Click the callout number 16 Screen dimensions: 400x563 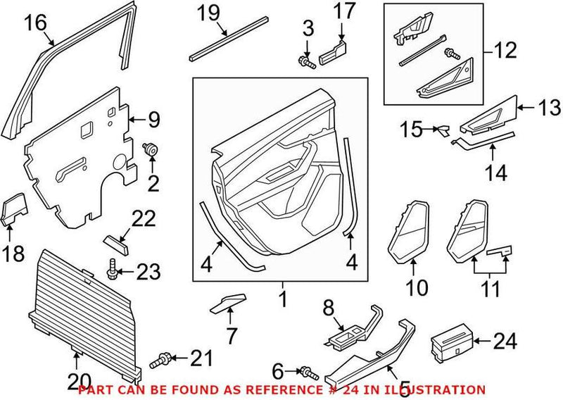click(34, 23)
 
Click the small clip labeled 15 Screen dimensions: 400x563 click(442, 131)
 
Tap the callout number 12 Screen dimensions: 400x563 click(505, 51)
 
